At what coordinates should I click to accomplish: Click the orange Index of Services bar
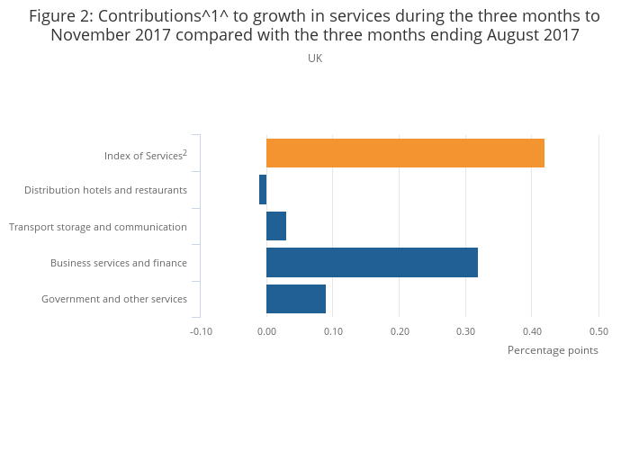tap(405, 153)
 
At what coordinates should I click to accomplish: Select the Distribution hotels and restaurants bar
tap(263, 190)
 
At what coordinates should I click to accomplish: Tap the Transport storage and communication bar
tap(276, 226)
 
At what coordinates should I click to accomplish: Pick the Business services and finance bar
tap(372, 262)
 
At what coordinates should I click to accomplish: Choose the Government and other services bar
tap(296, 298)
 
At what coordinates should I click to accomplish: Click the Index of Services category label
tap(145, 156)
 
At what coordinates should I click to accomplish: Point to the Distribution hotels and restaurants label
tap(105, 190)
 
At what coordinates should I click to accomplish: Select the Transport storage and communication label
tap(98, 227)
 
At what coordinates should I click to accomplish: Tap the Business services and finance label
tap(119, 263)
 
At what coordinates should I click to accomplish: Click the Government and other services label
tap(114, 299)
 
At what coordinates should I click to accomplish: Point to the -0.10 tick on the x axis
tap(200, 331)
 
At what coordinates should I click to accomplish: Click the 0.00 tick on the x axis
tap(266, 331)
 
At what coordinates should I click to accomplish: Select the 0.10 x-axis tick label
tap(333, 331)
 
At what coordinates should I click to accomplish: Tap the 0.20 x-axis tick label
tap(400, 331)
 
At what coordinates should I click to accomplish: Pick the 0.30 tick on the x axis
tap(465, 331)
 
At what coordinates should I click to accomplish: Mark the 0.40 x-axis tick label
tap(532, 331)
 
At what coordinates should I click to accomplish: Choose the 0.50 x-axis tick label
tap(598, 331)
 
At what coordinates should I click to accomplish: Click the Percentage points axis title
tap(553, 350)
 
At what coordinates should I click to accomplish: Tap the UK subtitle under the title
tap(315, 59)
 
